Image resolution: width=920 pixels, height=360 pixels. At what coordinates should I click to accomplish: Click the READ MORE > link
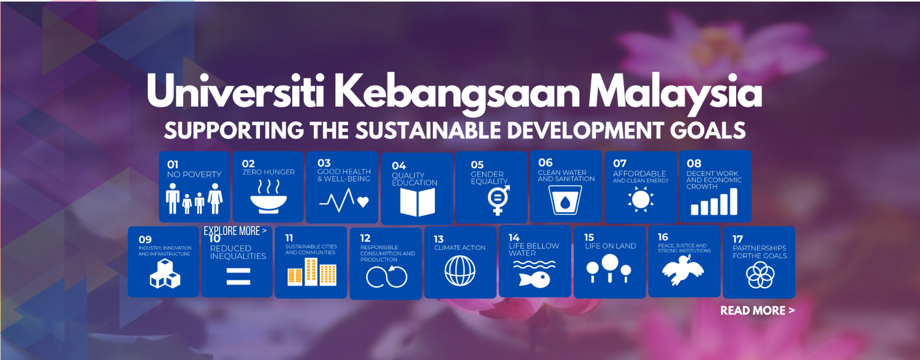(757, 311)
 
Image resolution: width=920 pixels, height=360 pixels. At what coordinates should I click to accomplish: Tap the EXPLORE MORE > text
(235, 231)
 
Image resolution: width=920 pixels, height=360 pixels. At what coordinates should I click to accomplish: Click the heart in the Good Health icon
(363, 202)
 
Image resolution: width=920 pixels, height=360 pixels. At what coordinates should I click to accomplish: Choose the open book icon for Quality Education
(417, 202)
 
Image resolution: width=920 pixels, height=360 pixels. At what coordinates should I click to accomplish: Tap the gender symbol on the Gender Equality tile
(498, 199)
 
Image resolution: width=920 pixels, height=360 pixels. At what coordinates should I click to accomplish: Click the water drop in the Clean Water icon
(565, 202)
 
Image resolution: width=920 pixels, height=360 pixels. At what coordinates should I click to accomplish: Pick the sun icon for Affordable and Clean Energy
(641, 199)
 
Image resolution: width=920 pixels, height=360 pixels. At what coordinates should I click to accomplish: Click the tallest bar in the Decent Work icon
(734, 201)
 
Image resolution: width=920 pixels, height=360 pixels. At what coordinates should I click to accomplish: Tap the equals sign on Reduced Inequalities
(238, 276)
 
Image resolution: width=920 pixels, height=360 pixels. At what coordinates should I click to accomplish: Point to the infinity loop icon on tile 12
(386, 277)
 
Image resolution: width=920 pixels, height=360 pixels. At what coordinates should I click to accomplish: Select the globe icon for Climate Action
(460, 270)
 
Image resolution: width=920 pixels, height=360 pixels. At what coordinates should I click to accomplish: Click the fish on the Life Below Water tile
(534, 280)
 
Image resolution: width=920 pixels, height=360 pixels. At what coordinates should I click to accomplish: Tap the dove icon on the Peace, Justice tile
(683, 270)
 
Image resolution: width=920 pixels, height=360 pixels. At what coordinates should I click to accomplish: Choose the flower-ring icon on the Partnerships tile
(760, 275)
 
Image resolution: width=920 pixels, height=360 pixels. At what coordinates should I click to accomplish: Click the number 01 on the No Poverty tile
(173, 165)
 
